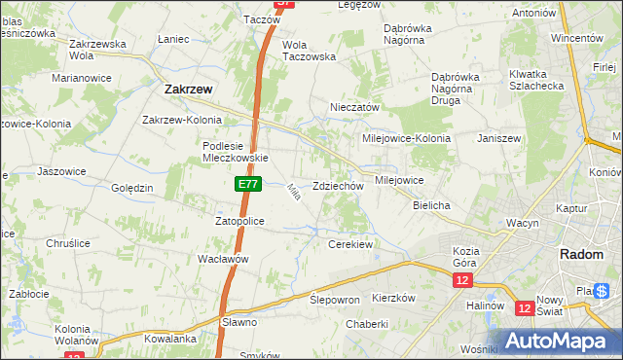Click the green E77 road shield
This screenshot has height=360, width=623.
click(x=247, y=184)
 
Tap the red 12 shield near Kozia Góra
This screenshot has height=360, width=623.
click(x=461, y=280)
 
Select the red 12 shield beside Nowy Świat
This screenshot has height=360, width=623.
click(x=525, y=308)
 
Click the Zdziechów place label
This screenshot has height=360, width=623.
click(x=338, y=186)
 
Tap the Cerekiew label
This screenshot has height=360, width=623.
click(x=350, y=244)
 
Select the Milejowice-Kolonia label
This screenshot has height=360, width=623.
click(x=406, y=138)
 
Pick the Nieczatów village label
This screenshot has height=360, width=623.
click(x=354, y=107)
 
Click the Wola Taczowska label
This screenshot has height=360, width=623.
click(x=309, y=51)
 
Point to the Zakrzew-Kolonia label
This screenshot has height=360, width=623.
click(x=182, y=120)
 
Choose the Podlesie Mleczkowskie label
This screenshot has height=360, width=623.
click(x=235, y=152)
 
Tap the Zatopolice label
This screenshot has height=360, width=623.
click(x=239, y=221)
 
